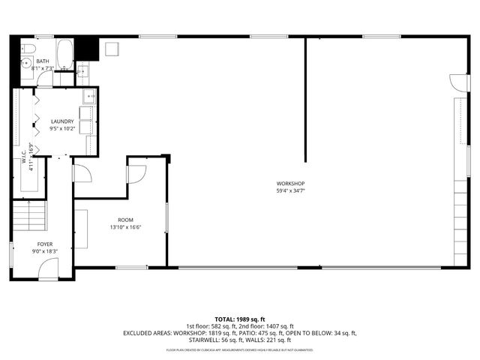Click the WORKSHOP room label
[x=290, y=183]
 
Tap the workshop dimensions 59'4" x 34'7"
[x=290, y=190]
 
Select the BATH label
[x=43, y=61]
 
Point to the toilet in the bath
[x=26, y=63]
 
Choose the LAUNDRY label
[x=62, y=121]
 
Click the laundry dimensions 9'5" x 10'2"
[x=62, y=128]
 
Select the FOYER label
[x=46, y=244]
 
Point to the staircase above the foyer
[x=30, y=217]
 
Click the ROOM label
[x=125, y=220]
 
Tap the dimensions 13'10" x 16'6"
[x=125, y=227]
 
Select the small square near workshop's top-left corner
[x=112, y=49]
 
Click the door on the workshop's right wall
[x=455, y=83]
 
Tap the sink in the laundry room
[x=88, y=95]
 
